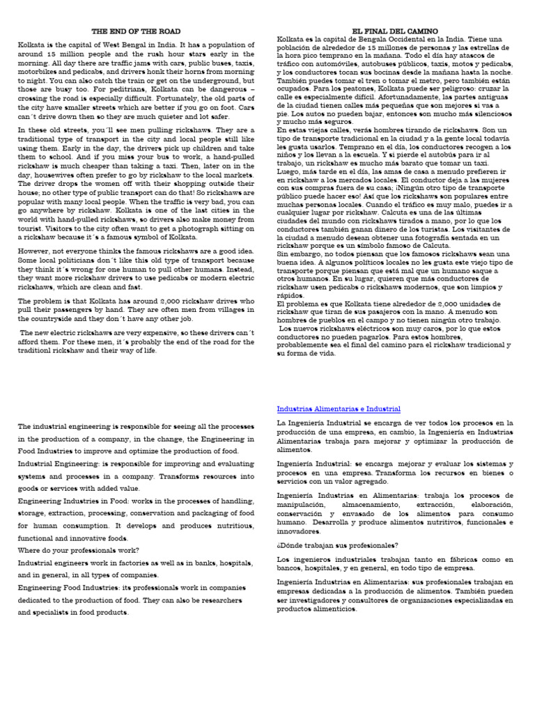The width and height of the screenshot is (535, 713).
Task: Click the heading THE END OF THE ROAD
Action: pos(137,31)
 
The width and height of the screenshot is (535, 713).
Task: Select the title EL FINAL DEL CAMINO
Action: pos(395,31)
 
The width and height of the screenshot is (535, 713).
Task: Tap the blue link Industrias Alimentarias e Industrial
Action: pos(339,409)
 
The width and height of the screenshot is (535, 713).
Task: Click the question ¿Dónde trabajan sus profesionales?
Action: pos(337,545)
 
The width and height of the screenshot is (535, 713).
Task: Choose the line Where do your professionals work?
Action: pos(78,549)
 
